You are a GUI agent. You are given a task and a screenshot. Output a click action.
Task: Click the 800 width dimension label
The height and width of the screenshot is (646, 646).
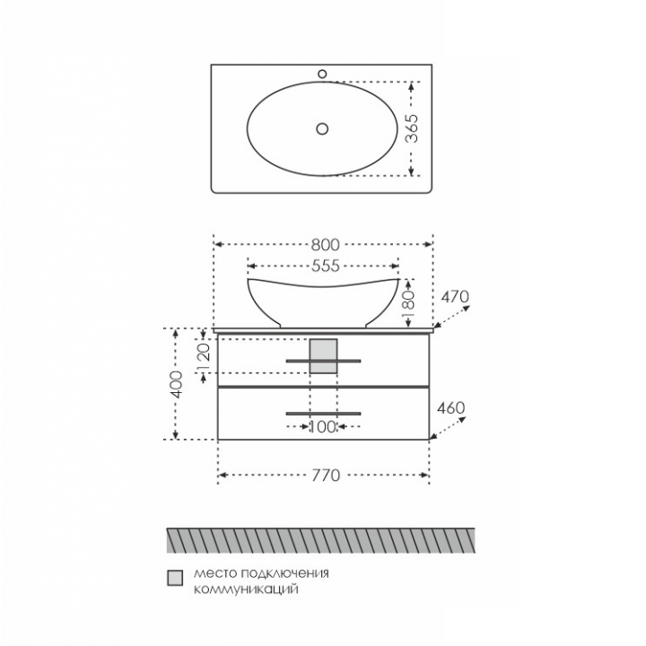click(325, 245)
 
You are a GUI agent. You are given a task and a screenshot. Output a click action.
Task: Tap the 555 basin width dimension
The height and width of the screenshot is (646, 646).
click(325, 266)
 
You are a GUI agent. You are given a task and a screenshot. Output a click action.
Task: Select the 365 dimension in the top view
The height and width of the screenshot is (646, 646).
click(412, 128)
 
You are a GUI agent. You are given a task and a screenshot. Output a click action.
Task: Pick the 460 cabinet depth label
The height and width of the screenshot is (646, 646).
click(450, 408)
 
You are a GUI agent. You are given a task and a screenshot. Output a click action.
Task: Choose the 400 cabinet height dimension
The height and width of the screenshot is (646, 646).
click(177, 384)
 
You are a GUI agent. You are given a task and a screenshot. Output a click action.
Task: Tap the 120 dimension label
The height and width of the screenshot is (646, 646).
click(205, 355)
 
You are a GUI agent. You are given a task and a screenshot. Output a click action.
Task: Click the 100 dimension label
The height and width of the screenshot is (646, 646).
click(323, 427)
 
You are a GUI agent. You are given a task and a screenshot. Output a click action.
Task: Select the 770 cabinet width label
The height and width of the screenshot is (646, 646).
click(326, 476)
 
